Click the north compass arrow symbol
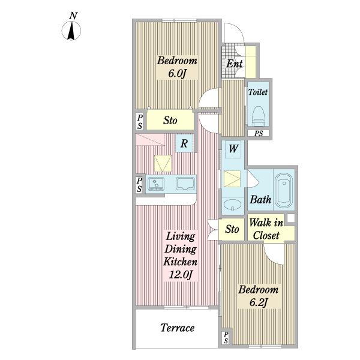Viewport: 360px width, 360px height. [71, 31]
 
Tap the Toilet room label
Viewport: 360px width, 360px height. [258, 92]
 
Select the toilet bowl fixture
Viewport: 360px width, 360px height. [259, 116]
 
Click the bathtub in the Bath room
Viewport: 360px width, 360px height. [284, 190]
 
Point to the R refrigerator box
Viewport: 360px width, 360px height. [184, 143]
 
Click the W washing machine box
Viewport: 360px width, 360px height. [233, 149]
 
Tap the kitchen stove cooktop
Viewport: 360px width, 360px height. [156, 184]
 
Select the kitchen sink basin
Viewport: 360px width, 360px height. [185, 184]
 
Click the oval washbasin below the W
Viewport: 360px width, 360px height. [232, 205]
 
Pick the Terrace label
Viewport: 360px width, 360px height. [177, 328]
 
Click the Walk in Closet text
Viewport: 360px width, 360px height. [266, 229]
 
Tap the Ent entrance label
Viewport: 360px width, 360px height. [234, 64]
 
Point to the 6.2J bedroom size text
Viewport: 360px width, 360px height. [258, 302]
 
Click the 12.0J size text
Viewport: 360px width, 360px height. [181, 275]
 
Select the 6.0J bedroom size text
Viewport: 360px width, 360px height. [177, 73]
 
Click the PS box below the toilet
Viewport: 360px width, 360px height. [258, 133]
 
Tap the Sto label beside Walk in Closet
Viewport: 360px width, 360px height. [232, 229]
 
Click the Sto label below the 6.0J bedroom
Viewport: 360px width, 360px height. [170, 121]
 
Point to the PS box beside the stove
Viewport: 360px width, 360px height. [139, 184]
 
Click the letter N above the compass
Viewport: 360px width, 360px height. [73, 16]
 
